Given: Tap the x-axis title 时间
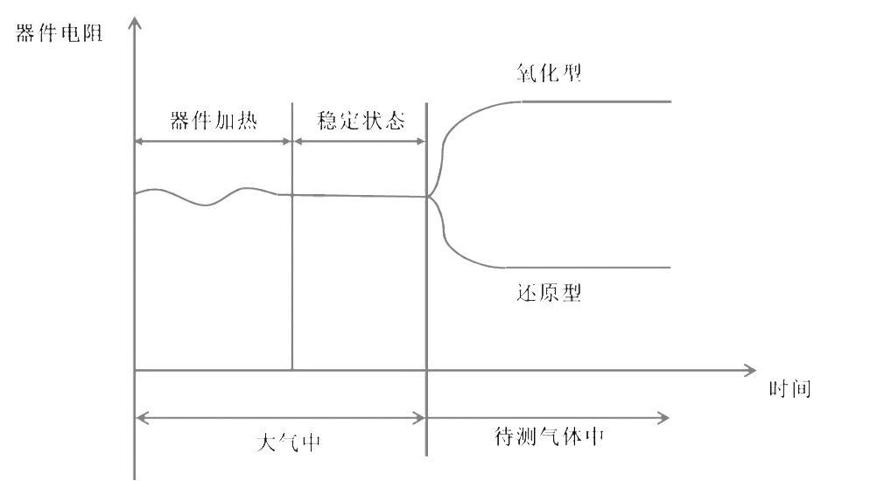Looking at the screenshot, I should (x=789, y=389).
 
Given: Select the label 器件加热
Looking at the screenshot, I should (x=213, y=121).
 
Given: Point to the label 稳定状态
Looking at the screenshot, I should (x=361, y=121).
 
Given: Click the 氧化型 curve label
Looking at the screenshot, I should (x=549, y=73).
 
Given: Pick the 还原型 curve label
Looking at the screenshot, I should (x=549, y=294).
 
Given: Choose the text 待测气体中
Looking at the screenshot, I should (x=549, y=437).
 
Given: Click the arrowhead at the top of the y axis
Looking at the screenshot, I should (x=134, y=20).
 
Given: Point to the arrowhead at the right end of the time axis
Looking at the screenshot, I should (x=751, y=370).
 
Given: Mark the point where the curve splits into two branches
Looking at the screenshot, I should (x=429, y=197).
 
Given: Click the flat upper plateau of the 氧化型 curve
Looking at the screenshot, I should (x=595, y=102).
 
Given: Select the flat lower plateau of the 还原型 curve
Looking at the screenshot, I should (x=595, y=267).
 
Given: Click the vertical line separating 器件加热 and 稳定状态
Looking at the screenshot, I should (x=291, y=280).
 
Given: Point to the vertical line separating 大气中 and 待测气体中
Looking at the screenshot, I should (x=426, y=332).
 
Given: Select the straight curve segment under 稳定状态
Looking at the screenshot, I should (x=359, y=194).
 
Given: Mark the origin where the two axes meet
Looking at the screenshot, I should (x=135, y=370).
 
